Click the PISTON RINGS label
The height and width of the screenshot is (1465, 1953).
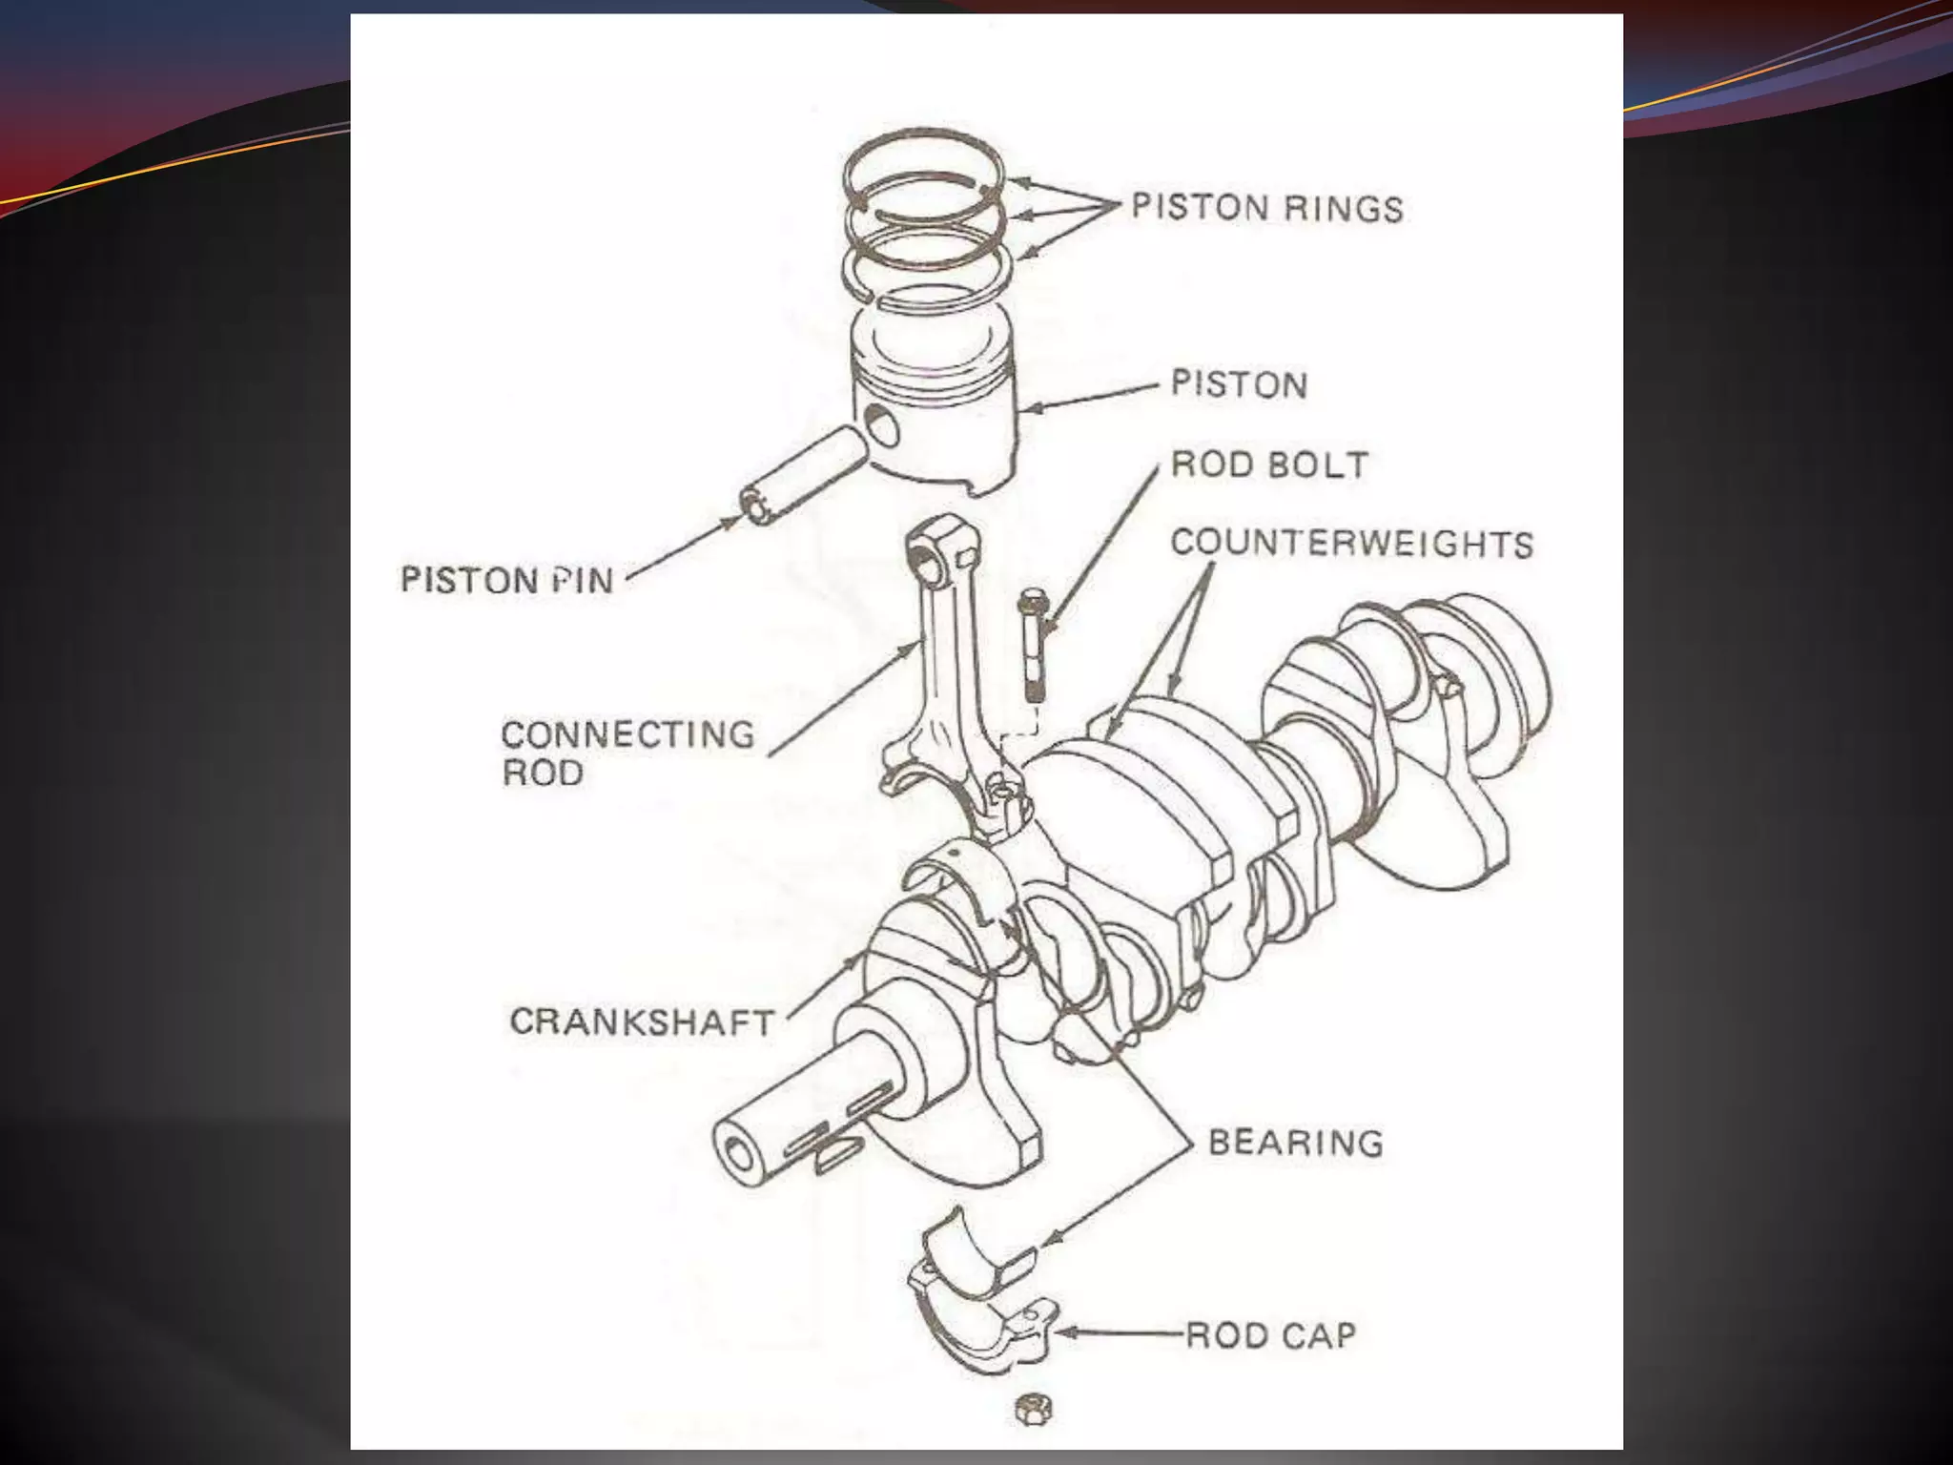(x=1266, y=208)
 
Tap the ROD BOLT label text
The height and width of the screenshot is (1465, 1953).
(x=1269, y=465)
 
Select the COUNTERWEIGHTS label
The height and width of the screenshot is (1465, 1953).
(x=1351, y=544)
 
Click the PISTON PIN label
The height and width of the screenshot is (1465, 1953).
(x=506, y=580)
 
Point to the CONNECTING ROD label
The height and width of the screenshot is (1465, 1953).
(x=627, y=753)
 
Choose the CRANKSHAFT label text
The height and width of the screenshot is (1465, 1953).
(x=642, y=1021)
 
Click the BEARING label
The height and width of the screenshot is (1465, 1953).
(x=1295, y=1142)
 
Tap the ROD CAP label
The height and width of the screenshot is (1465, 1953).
(x=1270, y=1335)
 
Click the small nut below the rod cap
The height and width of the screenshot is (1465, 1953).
(x=1032, y=1409)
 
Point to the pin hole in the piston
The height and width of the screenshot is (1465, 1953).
(x=884, y=426)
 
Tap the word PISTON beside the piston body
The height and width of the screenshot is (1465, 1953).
(x=1239, y=384)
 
